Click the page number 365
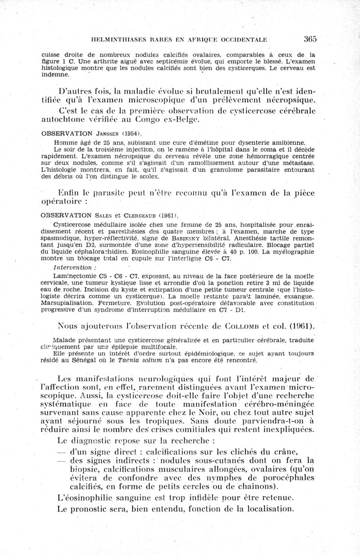(x=310, y=39)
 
